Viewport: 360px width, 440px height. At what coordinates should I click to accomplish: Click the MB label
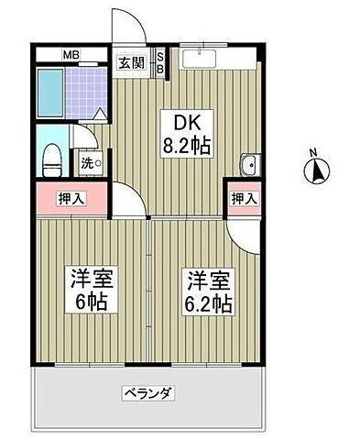click(x=71, y=54)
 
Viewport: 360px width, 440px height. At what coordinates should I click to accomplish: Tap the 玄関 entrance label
click(x=131, y=62)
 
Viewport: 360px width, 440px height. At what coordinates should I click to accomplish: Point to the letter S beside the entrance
click(x=160, y=57)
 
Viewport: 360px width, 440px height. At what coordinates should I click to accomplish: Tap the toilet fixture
click(x=53, y=156)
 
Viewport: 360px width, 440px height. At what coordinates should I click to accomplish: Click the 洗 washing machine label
click(x=88, y=162)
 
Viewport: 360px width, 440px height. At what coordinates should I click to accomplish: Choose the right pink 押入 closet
click(x=242, y=198)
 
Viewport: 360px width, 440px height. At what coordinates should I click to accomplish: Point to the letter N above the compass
click(x=312, y=153)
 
